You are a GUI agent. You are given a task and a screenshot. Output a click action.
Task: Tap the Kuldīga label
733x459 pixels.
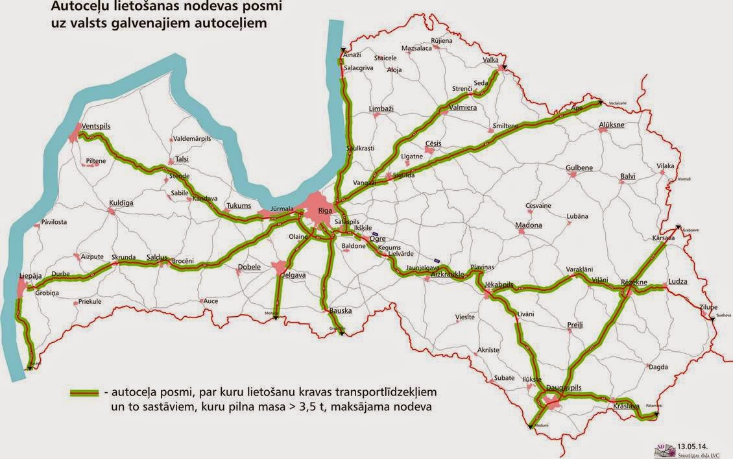(x=121, y=203)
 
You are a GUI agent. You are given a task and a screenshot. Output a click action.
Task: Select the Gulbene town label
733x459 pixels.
(x=579, y=167)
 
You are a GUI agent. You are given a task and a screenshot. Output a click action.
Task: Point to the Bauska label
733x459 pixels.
(x=341, y=311)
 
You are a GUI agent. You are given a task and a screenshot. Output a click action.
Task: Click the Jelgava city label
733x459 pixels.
(x=289, y=275)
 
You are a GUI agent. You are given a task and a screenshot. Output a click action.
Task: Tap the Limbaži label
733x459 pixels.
(x=381, y=109)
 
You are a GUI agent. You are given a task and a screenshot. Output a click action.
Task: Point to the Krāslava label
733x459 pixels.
(x=627, y=407)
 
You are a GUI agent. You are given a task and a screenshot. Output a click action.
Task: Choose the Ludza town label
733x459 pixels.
(x=678, y=282)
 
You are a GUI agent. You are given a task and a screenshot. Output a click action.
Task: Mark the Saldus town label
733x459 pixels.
(x=157, y=256)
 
